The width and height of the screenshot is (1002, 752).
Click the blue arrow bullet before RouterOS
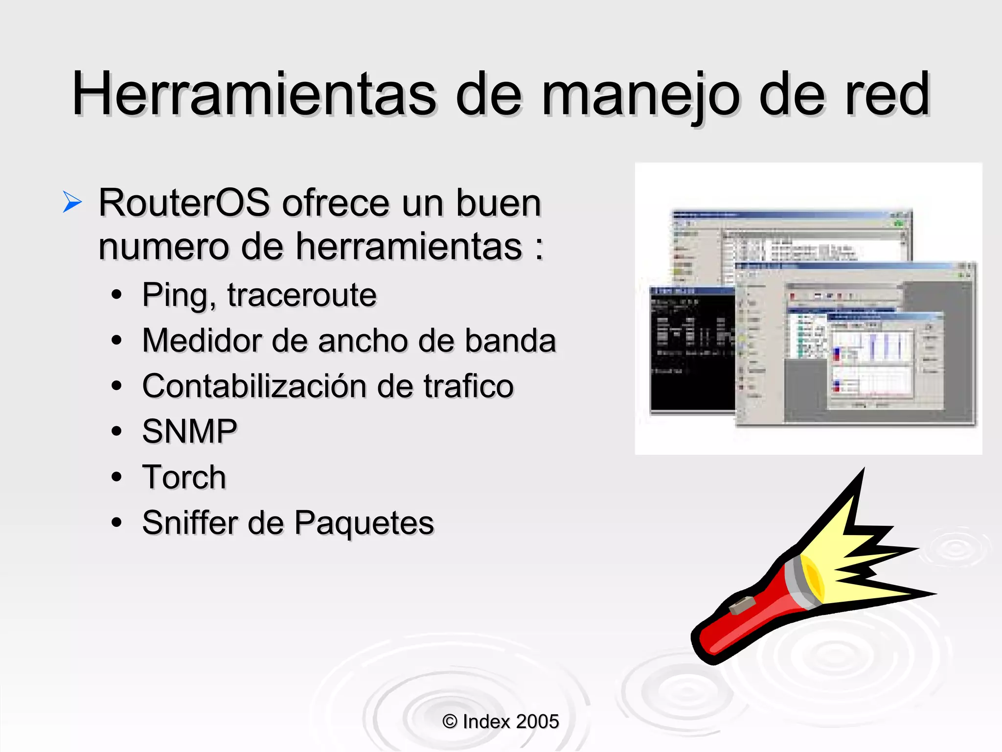(x=72, y=202)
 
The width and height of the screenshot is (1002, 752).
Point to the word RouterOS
(x=184, y=203)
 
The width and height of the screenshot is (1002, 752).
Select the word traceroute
(x=302, y=295)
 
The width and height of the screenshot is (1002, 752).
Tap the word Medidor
(x=201, y=340)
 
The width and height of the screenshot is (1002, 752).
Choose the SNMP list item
(x=189, y=431)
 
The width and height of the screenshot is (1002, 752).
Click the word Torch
(x=184, y=477)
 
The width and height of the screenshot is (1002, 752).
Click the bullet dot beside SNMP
(x=116, y=431)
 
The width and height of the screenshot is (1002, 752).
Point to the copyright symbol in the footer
(x=450, y=721)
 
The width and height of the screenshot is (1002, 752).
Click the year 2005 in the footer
(x=537, y=721)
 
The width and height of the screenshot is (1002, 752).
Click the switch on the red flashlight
(x=742, y=605)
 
